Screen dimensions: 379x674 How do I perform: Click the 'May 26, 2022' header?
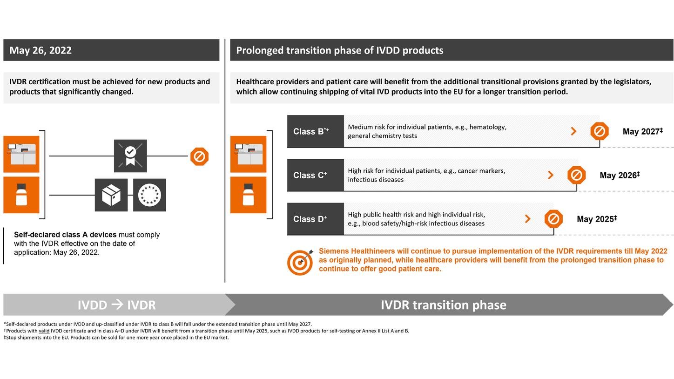[x=40, y=50]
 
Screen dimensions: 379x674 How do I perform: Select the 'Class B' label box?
[x=315, y=131]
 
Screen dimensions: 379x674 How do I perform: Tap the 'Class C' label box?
[x=315, y=175]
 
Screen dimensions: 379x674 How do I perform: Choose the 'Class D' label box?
[x=315, y=219]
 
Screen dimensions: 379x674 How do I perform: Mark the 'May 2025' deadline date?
[x=596, y=219]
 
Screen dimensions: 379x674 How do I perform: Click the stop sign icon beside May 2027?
[x=600, y=131]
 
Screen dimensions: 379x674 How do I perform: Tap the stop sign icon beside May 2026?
[x=576, y=175]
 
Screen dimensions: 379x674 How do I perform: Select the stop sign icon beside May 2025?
[x=553, y=219]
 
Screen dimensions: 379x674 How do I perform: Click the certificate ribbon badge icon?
[x=130, y=156]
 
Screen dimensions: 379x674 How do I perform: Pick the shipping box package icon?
[x=111, y=195]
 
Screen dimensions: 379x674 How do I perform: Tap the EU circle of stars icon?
[x=149, y=195]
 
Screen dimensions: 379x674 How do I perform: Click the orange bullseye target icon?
[x=300, y=263]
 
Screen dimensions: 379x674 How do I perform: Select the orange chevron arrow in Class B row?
[x=573, y=131]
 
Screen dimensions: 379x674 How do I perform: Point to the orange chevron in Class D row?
[x=527, y=219]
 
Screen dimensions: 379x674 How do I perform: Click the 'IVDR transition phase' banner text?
[x=443, y=305]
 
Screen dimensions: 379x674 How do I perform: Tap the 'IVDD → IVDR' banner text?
[x=116, y=305]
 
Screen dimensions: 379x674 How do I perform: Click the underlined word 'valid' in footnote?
[x=44, y=331]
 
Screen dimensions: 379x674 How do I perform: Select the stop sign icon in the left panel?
[x=199, y=156]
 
